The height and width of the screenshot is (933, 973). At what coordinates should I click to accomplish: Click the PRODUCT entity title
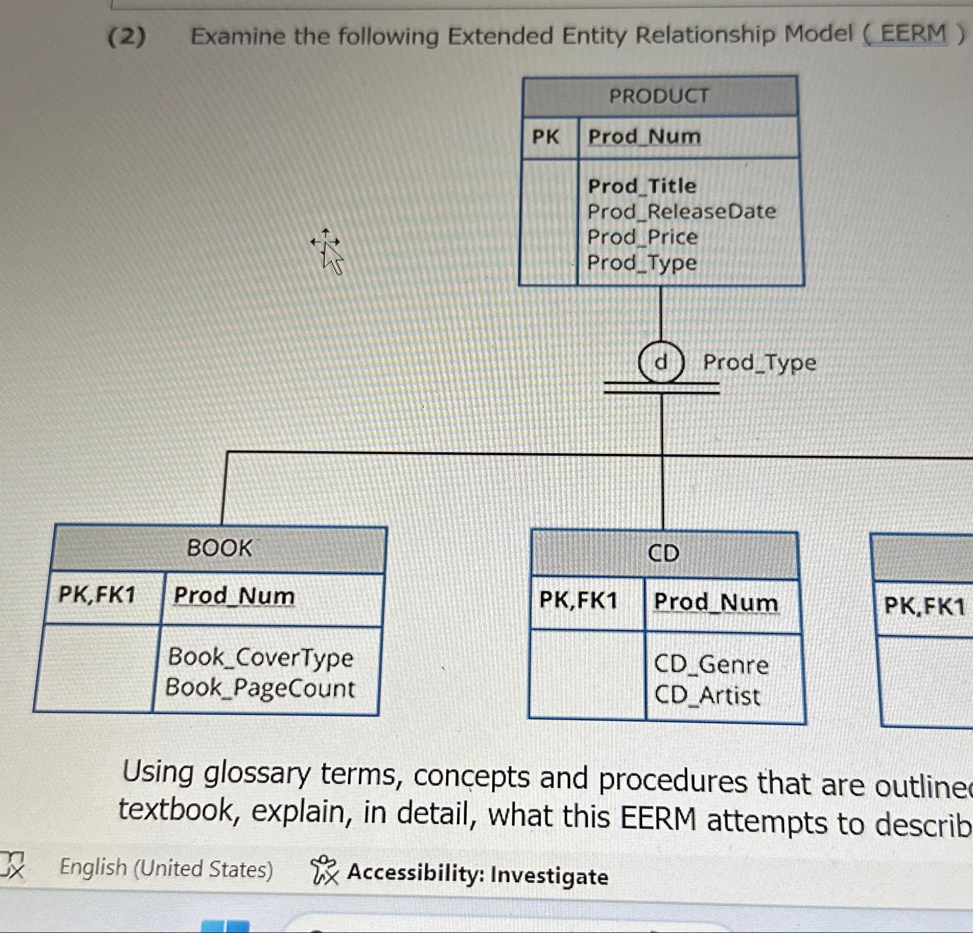tap(659, 96)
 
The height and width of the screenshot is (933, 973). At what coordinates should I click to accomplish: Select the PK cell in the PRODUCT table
tap(545, 137)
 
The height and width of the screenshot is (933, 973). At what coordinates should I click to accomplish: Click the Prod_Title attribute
tap(642, 186)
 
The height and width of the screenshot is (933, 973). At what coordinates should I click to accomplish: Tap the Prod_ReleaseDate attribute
tap(682, 212)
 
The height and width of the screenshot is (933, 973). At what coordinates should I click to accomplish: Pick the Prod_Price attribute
tap(642, 237)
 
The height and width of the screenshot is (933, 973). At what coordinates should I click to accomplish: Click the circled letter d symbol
tap(661, 362)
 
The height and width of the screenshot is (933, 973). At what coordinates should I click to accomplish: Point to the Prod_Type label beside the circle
tap(759, 362)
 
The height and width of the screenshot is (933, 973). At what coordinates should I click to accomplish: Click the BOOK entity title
tap(219, 548)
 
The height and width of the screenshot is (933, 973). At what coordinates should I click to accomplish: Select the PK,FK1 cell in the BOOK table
tap(97, 595)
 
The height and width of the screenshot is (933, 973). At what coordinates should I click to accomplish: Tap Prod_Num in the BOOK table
tap(234, 596)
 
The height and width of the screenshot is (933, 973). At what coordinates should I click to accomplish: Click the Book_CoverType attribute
tap(260, 657)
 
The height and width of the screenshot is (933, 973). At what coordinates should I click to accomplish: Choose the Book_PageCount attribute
tap(260, 688)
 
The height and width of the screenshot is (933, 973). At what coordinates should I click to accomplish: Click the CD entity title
tap(663, 554)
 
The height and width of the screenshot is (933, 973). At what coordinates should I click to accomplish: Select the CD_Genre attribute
tap(711, 665)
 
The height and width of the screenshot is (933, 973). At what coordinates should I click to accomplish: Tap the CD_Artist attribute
tap(707, 696)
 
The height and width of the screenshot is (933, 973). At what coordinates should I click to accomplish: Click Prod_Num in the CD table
tap(716, 602)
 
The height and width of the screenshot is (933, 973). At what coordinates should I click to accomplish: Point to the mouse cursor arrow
tap(329, 254)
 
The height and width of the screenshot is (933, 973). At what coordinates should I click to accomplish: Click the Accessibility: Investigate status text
tap(477, 874)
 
